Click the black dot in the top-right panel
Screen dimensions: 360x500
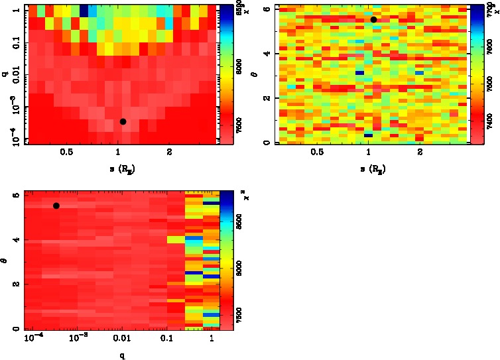pyautogui.click(x=374, y=19)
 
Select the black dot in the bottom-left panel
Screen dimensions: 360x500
pyautogui.click(x=56, y=206)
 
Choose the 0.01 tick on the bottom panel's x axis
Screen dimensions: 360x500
pyautogui.click(x=122, y=339)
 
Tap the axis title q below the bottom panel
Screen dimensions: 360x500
pyautogui.click(x=122, y=355)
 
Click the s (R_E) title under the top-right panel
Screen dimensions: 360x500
pyautogui.click(x=371, y=168)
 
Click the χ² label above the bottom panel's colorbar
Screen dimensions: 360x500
pyautogui.click(x=246, y=197)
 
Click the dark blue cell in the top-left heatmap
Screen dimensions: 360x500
pyautogui.click(x=85, y=10)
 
